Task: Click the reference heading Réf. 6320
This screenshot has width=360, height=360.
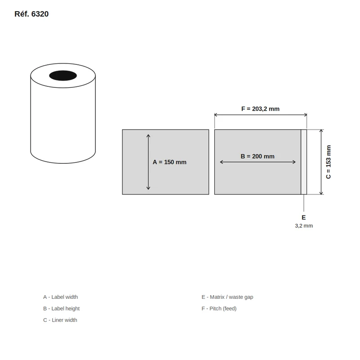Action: (31, 14)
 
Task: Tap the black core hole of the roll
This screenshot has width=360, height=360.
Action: (63, 76)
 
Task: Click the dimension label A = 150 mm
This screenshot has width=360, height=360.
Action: (170, 162)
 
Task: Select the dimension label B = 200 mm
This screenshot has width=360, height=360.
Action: (257, 156)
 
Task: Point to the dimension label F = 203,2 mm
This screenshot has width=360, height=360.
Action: (261, 109)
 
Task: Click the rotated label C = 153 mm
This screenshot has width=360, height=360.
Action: (328, 162)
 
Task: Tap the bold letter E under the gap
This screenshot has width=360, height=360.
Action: (303, 217)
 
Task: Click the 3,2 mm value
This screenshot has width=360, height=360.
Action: (304, 226)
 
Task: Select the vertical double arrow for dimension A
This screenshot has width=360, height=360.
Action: (148, 162)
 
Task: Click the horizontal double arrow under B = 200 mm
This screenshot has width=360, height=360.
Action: (257, 162)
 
